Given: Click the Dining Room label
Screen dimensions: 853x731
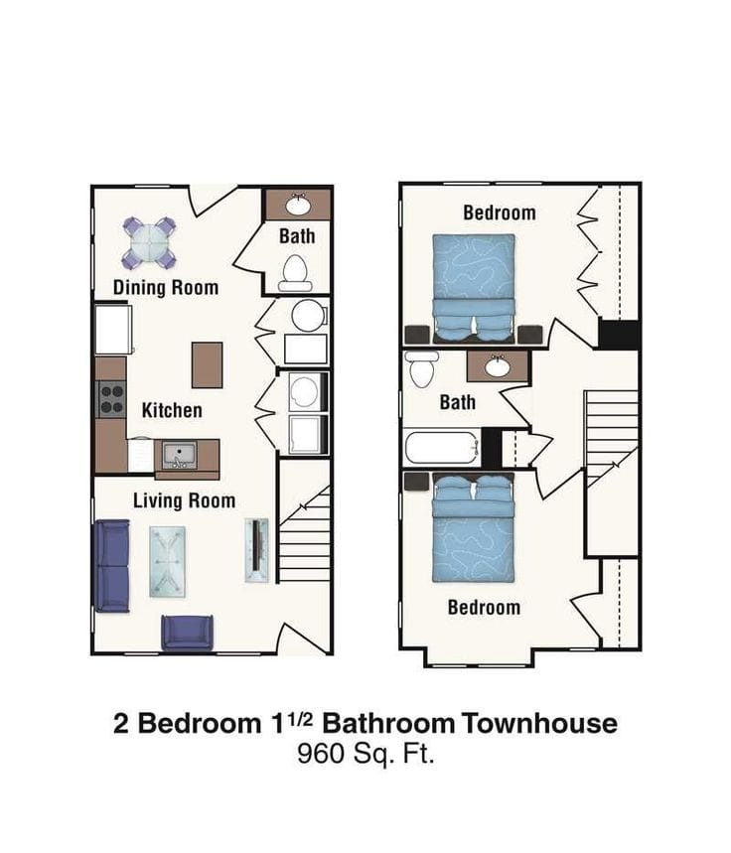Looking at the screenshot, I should click(165, 288).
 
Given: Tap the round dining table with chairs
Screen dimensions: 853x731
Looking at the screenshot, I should click(149, 241).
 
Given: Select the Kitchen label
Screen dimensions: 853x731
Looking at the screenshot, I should click(172, 410).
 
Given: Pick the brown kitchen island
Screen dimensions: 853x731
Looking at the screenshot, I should click(207, 364).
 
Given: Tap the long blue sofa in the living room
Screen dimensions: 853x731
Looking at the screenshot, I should click(111, 567).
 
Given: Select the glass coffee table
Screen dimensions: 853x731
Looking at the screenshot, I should click(168, 561).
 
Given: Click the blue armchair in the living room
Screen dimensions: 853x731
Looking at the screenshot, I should click(188, 633).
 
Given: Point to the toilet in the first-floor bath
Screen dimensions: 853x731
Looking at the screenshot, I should click(295, 272).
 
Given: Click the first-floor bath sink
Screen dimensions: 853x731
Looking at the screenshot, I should click(298, 206).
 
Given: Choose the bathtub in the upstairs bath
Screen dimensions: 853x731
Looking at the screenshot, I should click(443, 447).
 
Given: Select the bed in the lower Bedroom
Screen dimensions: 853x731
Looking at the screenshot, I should click(474, 531).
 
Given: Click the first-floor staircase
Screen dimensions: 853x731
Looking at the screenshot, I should click(304, 536).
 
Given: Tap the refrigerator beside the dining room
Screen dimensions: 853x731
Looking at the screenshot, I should click(113, 329).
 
